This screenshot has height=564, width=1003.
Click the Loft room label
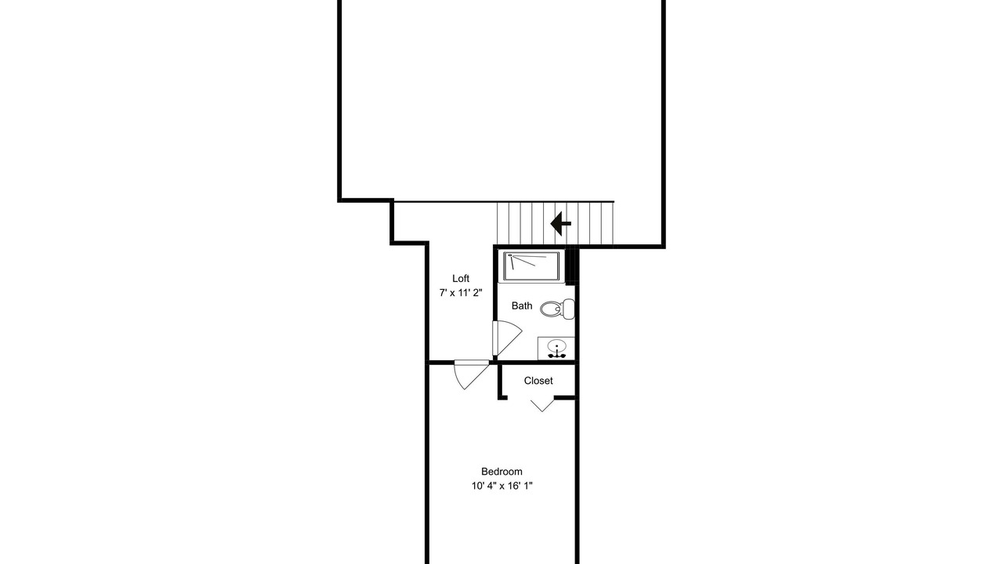[x=460, y=278]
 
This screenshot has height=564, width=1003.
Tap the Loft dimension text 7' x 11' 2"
[x=461, y=293]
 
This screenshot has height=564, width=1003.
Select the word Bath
[x=522, y=305]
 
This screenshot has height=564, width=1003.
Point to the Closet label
[x=538, y=381]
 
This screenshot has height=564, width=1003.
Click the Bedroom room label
[x=501, y=472]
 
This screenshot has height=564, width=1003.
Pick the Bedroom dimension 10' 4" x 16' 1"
[x=501, y=486]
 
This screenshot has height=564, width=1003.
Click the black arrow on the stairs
[x=560, y=223]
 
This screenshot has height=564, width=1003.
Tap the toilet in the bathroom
[x=557, y=309]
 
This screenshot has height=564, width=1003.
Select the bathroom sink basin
[x=556, y=346]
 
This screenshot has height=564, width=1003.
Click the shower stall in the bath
[x=531, y=266]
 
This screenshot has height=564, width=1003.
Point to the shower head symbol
[x=510, y=255]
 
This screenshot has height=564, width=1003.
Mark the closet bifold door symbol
[x=542, y=406]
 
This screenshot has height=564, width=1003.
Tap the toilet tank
[x=569, y=309]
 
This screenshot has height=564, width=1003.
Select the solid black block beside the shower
[x=571, y=266]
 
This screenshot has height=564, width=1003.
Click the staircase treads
[x=556, y=223]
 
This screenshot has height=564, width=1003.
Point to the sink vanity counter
[x=556, y=349]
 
